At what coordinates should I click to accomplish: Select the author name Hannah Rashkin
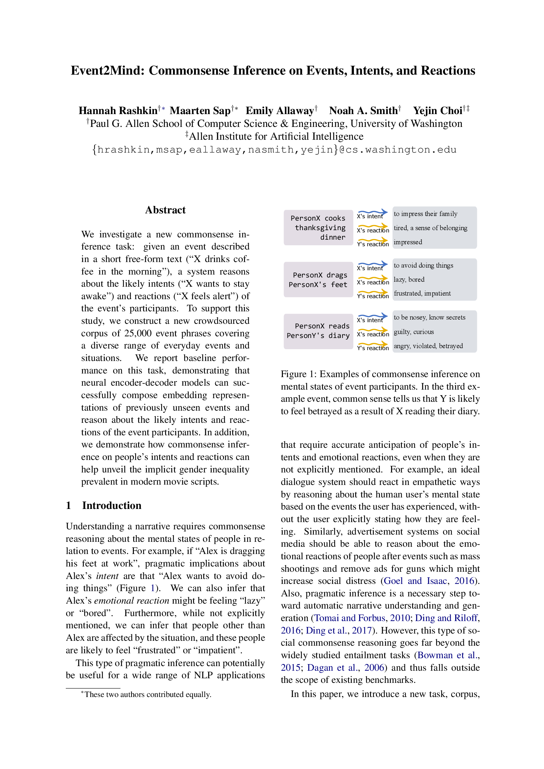click(118, 110)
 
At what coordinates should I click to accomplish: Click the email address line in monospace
click(274, 150)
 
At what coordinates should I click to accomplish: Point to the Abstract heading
click(165, 210)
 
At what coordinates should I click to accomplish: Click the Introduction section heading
click(111, 505)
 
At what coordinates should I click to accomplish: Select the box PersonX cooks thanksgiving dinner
click(318, 228)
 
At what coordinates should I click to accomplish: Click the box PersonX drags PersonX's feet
click(318, 280)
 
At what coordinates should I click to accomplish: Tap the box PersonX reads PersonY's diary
click(318, 331)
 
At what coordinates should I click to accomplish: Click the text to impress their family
click(425, 214)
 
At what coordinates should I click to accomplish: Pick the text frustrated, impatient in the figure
click(422, 293)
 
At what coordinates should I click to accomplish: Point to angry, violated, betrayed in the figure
click(428, 346)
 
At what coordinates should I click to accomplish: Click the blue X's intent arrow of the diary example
click(373, 316)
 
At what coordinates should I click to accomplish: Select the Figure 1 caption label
click(298, 374)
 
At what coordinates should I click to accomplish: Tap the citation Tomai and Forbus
click(350, 618)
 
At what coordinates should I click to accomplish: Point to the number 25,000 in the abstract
click(138, 333)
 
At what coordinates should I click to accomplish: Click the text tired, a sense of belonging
click(431, 228)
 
